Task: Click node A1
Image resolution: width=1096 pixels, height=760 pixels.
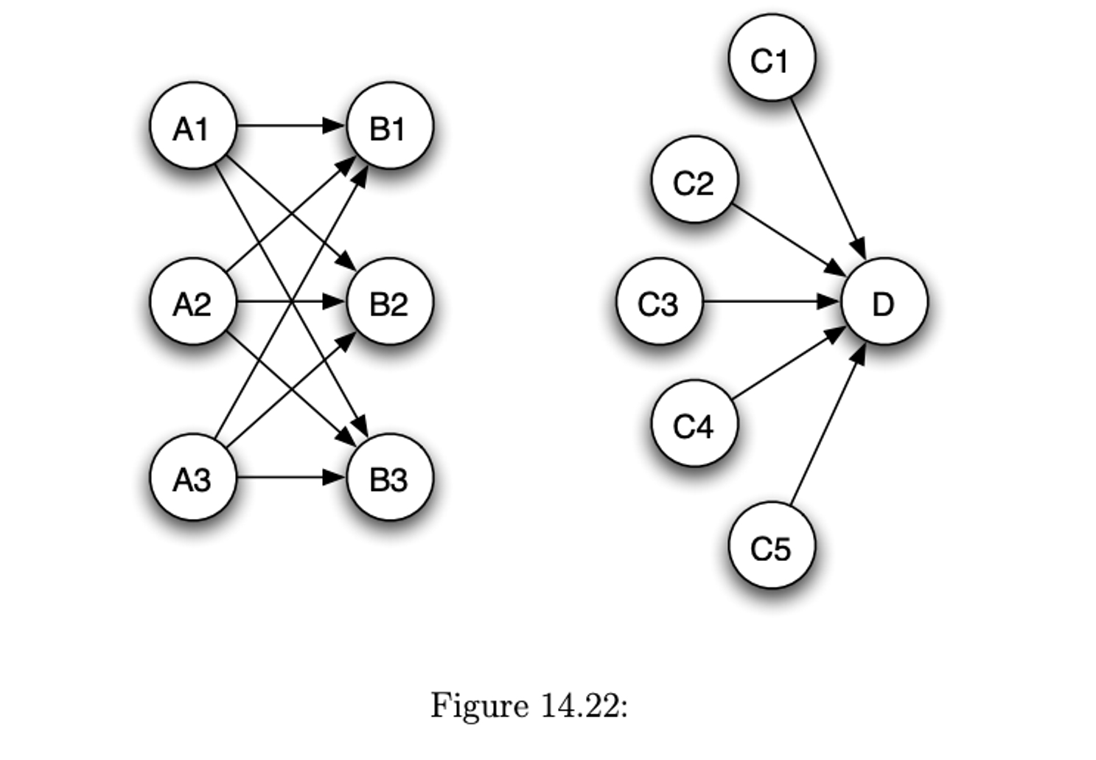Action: point(192,126)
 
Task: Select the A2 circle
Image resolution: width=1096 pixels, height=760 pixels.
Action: point(192,301)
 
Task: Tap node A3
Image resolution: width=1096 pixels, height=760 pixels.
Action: point(192,477)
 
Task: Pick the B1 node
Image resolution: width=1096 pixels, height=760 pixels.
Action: point(389,126)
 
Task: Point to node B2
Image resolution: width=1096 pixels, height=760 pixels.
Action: point(389,301)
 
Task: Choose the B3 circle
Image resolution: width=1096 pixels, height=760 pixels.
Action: point(389,477)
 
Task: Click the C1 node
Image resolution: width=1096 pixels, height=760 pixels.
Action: point(771,57)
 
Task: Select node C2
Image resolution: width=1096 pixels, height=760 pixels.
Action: point(694,180)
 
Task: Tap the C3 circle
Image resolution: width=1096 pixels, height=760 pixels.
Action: point(658,301)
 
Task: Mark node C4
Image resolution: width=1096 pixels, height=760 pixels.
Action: point(694,424)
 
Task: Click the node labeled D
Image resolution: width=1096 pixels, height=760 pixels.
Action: point(884,301)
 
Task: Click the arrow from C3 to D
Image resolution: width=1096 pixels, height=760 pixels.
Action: point(770,301)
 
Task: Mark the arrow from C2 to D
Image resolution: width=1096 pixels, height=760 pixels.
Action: point(789,240)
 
